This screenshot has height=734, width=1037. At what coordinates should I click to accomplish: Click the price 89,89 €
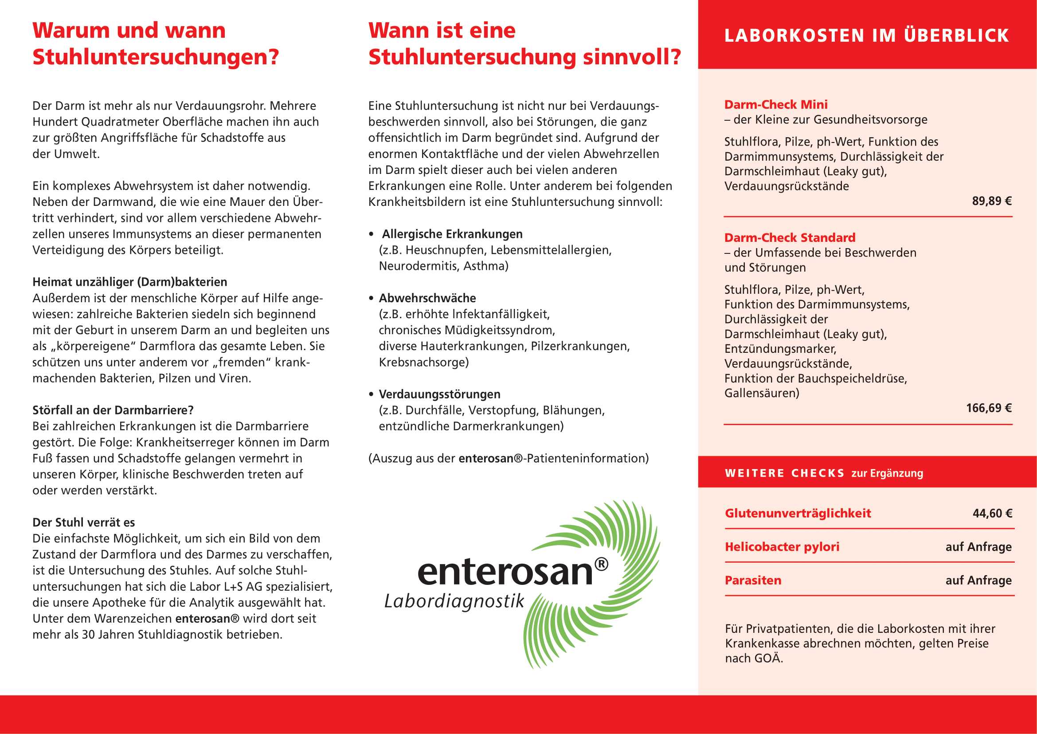[991, 201]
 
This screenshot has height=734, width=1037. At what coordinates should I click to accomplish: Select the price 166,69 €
[988, 408]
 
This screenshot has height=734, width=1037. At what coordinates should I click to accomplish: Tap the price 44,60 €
[992, 513]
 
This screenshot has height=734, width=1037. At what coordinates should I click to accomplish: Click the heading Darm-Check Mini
[775, 105]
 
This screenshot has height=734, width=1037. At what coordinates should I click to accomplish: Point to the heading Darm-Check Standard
[790, 238]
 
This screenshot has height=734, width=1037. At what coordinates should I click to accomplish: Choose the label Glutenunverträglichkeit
[798, 513]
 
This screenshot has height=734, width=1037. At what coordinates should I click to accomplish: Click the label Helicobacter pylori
[782, 547]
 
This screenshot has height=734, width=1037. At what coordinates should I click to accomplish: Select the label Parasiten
[753, 580]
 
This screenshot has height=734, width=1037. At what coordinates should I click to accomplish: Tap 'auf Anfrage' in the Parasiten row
[978, 580]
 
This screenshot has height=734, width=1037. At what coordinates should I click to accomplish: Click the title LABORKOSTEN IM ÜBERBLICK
[866, 36]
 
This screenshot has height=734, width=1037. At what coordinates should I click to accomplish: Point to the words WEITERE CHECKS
[785, 473]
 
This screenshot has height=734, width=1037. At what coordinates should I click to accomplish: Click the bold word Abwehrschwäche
[427, 298]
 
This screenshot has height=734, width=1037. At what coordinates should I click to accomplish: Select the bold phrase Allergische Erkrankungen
[452, 234]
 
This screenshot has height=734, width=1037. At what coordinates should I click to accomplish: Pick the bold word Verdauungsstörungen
[439, 394]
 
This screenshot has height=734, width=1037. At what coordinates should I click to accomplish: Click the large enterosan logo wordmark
[505, 572]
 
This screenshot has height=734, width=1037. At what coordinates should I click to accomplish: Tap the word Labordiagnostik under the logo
[454, 602]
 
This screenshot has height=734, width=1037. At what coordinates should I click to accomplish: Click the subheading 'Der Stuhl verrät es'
[83, 522]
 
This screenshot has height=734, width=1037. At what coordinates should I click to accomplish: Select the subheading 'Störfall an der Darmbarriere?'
[113, 410]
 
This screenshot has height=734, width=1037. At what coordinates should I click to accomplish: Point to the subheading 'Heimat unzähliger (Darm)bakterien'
[129, 282]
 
